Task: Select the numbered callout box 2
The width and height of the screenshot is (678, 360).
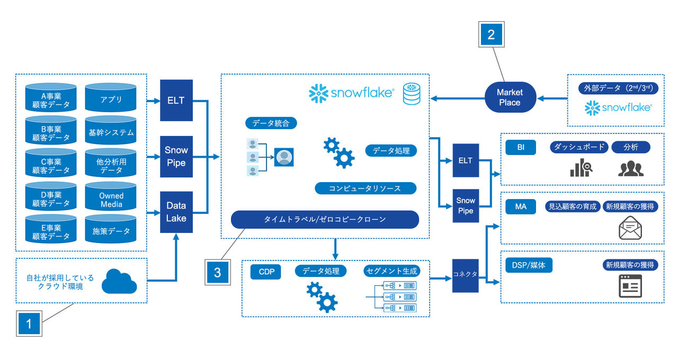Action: click(x=491, y=35)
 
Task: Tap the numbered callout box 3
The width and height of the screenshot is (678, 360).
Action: click(x=217, y=272)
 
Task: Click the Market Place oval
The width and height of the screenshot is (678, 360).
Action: click(x=510, y=97)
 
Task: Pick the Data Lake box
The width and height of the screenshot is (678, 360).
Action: click(x=176, y=212)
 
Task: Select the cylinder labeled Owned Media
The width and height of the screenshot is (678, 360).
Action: click(x=111, y=200)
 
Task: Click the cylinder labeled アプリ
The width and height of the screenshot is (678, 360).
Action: click(x=111, y=99)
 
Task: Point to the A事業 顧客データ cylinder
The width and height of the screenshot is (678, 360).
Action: click(x=51, y=99)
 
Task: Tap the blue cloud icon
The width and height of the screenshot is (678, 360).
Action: click(x=119, y=281)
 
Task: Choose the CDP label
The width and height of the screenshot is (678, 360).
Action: click(x=266, y=272)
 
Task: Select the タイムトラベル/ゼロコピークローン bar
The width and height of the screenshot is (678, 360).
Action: click(x=325, y=219)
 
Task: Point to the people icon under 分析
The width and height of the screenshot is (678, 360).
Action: click(x=630, y=168)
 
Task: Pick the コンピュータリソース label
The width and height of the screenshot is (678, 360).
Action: click(x=365, y=188)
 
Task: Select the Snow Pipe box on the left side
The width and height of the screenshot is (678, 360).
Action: click(x=176, y=157)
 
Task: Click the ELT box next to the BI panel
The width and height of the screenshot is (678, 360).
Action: click(x=466, y=160)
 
